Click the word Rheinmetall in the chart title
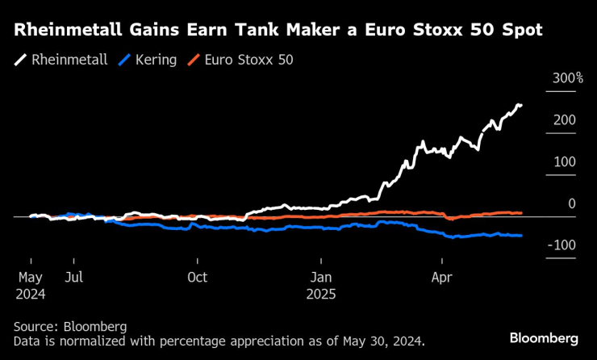69,31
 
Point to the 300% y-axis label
568,78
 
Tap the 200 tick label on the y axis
564,120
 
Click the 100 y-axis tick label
564,162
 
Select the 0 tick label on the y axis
571,204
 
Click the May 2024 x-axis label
31,285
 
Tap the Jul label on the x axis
73,278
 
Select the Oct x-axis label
197,278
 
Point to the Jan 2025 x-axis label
321,285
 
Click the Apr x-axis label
442,278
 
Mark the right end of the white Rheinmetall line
521,105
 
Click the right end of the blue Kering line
521,235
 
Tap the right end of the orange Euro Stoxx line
521,213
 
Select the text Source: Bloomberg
70,327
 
